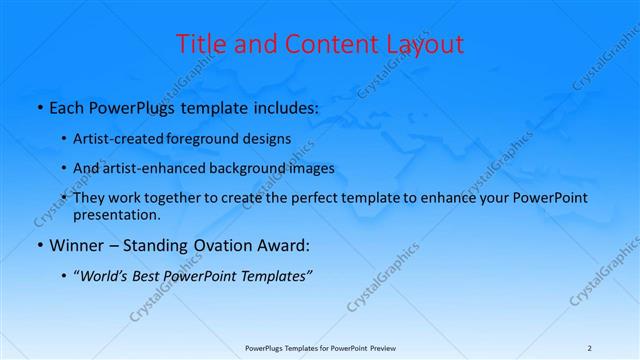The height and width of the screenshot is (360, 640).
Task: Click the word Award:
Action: [x=284, y=246]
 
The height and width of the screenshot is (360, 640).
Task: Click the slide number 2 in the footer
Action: [x=589, y=347]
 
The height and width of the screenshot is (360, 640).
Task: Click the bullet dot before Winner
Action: [x=39, y=246]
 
